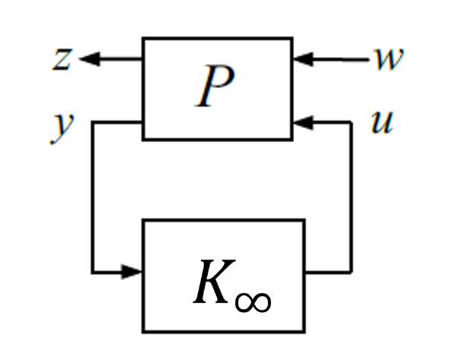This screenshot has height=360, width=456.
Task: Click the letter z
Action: tap(62, 59)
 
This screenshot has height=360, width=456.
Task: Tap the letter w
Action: tap(389, 59)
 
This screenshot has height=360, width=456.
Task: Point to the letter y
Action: tap(62, 129)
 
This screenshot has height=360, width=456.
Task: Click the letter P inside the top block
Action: tap(215, 86)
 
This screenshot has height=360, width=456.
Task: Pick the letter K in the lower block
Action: tap(215, 282)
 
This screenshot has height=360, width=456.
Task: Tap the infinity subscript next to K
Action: tap(253, 302)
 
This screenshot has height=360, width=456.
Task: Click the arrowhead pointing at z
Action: tap(90, 59)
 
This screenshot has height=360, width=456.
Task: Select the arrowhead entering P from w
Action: tap(303, 59)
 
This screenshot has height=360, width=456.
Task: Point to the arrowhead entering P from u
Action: tap(303, 123)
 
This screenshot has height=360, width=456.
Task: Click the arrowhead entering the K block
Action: tap(132, 272)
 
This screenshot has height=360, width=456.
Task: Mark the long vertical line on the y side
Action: tap(93, 197)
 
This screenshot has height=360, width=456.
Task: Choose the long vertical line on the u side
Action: tap(351, 197)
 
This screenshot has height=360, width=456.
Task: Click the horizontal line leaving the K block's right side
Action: tap(328, 272)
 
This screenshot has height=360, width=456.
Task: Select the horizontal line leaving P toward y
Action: tap(117, 123)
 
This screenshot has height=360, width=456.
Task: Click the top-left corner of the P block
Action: tap(143, 38)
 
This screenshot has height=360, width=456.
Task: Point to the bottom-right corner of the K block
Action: tap(305, 332)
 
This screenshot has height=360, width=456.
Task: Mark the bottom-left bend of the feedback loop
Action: tap(93, 272)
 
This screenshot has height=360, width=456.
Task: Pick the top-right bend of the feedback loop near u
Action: tap(351, 123)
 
